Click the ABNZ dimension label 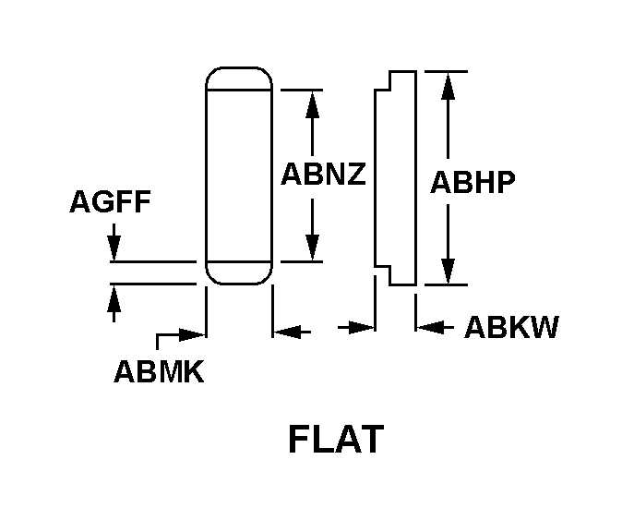pos(323,174)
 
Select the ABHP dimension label pos(473,182)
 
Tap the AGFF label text pos(110,201)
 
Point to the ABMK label pos(159,371)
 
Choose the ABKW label pos(511,327)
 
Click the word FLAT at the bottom pos(336,439)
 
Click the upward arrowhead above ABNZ pos(312,104)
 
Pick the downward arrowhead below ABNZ pos(312,248)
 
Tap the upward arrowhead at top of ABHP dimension pos(448,86)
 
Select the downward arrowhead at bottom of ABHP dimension pos(448,272)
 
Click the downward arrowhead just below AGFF pos(114,248)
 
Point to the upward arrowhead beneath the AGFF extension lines pos(114,298)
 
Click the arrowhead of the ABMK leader pos(193,335)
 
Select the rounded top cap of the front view pos(239,79)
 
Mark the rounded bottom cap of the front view pos(239,273)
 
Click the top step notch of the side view pos(382,81)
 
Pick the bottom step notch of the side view pos(382,275)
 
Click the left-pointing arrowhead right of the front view pos(287,332)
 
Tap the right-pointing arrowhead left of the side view pos(361,327)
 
